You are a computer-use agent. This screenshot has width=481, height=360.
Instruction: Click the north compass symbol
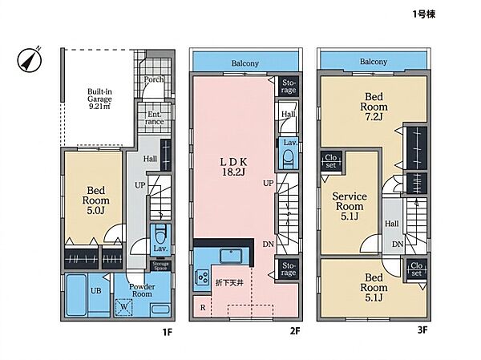point(30,59)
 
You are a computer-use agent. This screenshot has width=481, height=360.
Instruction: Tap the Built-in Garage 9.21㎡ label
point(99,99)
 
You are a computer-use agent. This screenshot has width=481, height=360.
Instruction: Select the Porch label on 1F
point(154,79)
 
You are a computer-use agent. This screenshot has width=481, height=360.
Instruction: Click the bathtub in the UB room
point(76,295)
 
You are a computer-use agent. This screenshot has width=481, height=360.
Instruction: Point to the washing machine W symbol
point(124,307)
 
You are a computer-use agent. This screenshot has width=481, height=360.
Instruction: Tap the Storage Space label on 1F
point(160,266)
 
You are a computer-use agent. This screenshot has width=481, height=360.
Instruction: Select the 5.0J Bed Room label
point(95,200)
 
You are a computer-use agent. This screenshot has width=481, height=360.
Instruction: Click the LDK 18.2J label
point(233,167)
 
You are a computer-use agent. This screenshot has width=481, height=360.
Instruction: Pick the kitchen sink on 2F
point(230,256)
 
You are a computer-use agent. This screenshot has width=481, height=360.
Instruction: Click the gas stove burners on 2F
point(203,276)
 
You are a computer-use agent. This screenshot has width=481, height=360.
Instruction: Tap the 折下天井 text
point(229,282)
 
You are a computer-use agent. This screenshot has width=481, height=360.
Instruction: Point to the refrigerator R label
point(203,307)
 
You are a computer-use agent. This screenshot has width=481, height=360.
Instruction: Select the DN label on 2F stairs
point(268,245)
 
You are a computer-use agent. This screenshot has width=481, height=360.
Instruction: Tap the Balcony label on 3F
point(374,62)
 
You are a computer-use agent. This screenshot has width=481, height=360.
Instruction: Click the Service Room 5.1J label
point(350,206)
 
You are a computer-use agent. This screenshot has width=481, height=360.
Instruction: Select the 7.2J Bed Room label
point(374,107)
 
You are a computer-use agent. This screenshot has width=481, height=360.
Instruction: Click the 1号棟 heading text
point(423,14)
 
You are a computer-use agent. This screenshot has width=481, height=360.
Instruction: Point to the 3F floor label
point(422,330)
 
